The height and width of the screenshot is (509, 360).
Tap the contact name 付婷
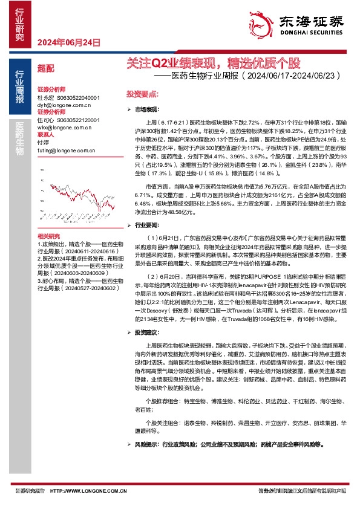coord(42,143)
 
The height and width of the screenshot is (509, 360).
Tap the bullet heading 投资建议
coord(147,333)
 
